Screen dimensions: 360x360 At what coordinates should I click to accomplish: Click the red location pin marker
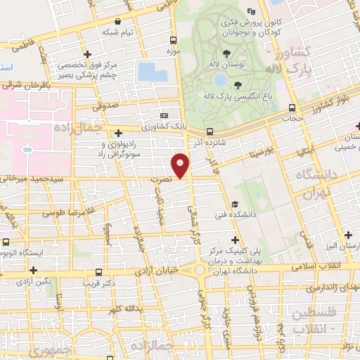(181, 165)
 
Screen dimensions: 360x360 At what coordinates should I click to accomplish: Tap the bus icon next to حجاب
(292, 108)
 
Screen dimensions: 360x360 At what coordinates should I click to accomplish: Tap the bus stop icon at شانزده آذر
(210, 131)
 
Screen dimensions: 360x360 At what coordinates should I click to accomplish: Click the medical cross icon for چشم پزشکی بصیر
(87, 54)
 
